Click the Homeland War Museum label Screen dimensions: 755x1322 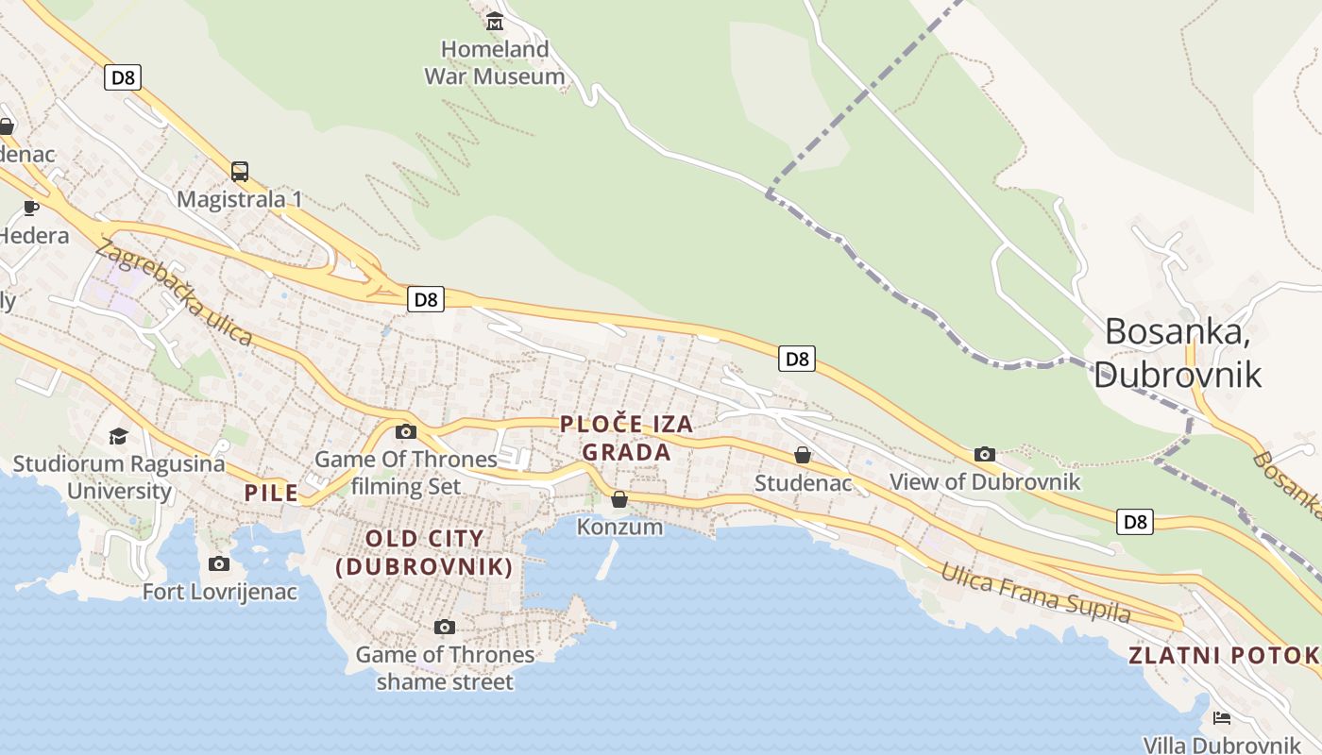pyautogui.click(x=495, y=62)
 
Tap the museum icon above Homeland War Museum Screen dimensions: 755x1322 pyautogui.click(x=495, y=20)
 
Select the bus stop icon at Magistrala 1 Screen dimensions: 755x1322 pyautogui.click(x=240, y=172)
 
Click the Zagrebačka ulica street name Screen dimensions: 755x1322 pyautogui.click(x=174, y=294)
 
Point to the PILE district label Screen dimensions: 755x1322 pyautogui.click(x=271, y=493)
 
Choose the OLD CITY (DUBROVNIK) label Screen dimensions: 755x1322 pyautogui.click(x=425, y=553)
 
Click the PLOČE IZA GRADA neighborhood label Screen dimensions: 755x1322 pyautogui.click(x=627, y=438)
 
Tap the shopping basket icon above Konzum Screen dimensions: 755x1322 pyautogui.click(x=619, y=499)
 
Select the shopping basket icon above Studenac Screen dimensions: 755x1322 pyautogui.click(x=803, y=456)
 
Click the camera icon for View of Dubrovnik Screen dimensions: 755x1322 pyautogui.click(x=985, y=454)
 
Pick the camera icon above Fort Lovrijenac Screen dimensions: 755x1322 pyautogui.click(x=219, y=564)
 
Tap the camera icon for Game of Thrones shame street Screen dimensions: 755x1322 pyautogui.click(x=445, y=627)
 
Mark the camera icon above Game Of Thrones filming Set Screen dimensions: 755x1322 pyautogui.click(x=406, y=432)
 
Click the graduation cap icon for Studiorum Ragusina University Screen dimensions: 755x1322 pyautogui.click(x=118, y=436)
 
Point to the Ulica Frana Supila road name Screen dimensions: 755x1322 pyautogui.click(x=1035, y=594)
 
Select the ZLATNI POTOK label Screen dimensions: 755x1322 pyautogui.click(x=1224, y=655)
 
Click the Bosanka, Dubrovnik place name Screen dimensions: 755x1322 pyautogui.click(x=1178, y=353)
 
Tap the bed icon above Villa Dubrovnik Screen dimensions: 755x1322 pyautogui.click(x=1222, y=718)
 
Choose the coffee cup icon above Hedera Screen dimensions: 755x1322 pyautogui.click(x=31, y=208)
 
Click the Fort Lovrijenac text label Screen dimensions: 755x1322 pyautogui.click(x=220, y=593)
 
